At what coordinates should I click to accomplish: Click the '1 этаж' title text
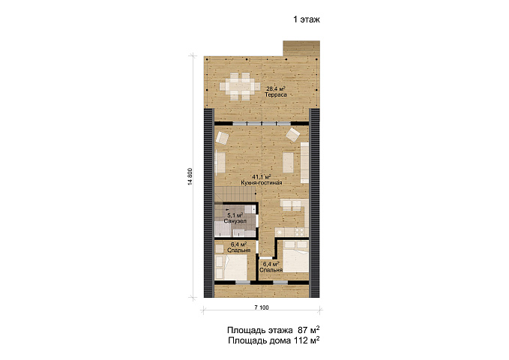(307, 19)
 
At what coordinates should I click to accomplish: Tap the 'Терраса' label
(276, 94)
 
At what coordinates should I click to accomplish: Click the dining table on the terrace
(240, 86)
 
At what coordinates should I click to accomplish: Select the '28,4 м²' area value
(276, 88)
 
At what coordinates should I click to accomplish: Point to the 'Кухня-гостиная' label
(262, 183)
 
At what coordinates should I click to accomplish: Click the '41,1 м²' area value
(262, 177)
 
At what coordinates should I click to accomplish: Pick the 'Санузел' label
(235, 221)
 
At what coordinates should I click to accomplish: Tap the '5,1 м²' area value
(235, 215)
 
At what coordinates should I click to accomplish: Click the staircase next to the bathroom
(235, 194)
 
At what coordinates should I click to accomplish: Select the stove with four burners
(299, 232)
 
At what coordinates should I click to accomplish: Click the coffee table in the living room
(289, 163)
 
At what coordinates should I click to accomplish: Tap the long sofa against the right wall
(304, 163)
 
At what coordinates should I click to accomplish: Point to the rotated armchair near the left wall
(223, 137)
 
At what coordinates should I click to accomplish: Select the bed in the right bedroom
(294, 256)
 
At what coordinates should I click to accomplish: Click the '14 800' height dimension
(190, 177)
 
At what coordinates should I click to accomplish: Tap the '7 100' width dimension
(262, 307)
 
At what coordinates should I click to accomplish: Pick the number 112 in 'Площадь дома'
(301, 340)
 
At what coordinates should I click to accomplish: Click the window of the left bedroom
(243, 283)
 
